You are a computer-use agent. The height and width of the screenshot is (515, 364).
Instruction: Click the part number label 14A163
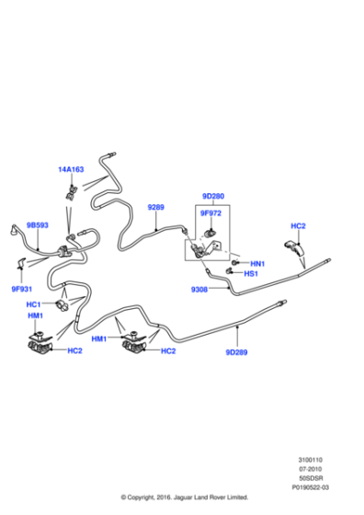[x=71, y=169]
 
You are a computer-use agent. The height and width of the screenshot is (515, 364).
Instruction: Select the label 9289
[x=156, y=207]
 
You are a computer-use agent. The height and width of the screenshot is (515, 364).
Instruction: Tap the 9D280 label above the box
[x=213, y=196]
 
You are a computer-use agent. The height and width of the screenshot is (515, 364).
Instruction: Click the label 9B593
[x=38, y=223]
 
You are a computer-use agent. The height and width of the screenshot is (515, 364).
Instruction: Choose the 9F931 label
[x=23, y=288]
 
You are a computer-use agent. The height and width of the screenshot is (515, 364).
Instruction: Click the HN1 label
[x=256, y=262]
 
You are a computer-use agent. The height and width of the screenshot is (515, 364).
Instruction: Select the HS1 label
[x=256, y=275]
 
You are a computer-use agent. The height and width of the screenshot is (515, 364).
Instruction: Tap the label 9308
[x=200, y=289]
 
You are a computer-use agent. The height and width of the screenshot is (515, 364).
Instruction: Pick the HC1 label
[x=33, y=304]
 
